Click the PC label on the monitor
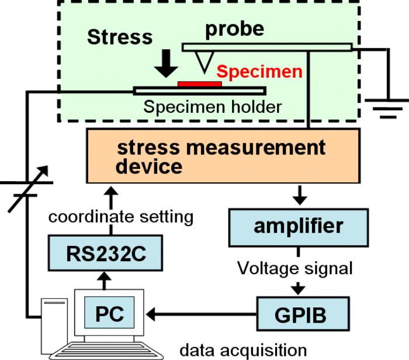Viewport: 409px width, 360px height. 109,312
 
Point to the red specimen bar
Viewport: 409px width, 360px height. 199,84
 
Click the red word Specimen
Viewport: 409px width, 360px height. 259,72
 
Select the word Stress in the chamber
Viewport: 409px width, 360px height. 119,37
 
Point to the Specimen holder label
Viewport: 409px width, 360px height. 213,107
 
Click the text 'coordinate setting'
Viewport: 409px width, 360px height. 120,217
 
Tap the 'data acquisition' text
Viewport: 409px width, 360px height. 242,350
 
